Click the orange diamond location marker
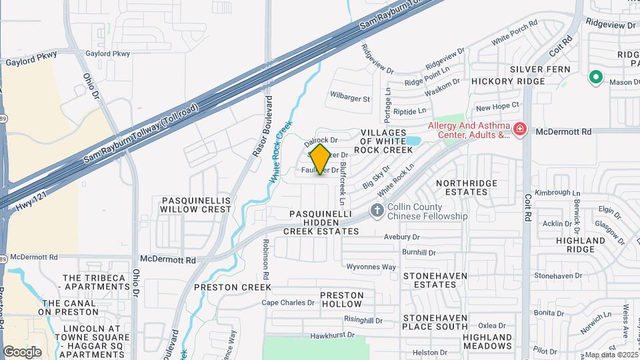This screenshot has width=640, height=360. click(321, 159)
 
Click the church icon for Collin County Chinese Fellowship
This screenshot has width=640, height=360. click(377, 211)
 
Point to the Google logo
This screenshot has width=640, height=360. click(22, 351)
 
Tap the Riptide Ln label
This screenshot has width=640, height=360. click(410, 111)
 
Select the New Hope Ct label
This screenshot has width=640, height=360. click(497, 106)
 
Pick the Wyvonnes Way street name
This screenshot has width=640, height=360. click(372, 267)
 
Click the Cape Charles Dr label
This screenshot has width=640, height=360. click(287, 302)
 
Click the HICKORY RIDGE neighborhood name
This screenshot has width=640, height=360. click(508, 81)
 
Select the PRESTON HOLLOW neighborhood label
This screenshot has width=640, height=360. click(342, 299)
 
